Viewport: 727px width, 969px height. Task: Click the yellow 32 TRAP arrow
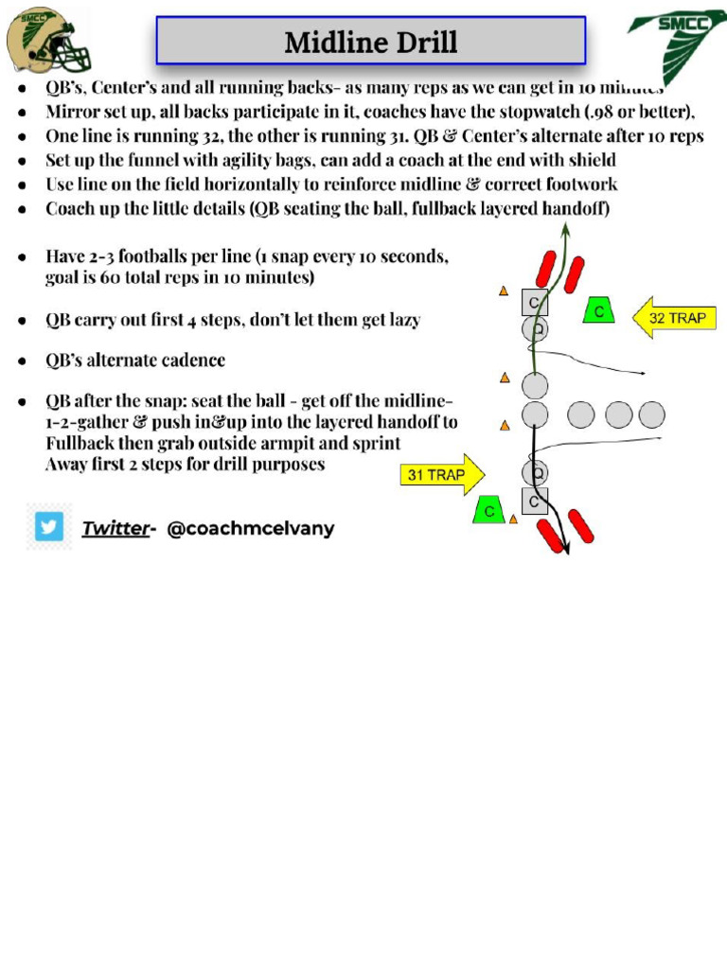pos(674,319)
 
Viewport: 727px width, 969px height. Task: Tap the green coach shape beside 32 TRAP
pos(598,309)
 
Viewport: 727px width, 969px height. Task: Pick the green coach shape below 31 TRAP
pos(488,509)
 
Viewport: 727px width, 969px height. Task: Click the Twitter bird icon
pos(49,526)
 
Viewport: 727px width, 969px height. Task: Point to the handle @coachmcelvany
pos(250,528)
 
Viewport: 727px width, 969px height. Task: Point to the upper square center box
pos(535,303)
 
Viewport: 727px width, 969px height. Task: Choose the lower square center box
pos(535,502)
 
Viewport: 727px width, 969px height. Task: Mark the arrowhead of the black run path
pos(566,548)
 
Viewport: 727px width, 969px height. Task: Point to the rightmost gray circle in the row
pos(651,414)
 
